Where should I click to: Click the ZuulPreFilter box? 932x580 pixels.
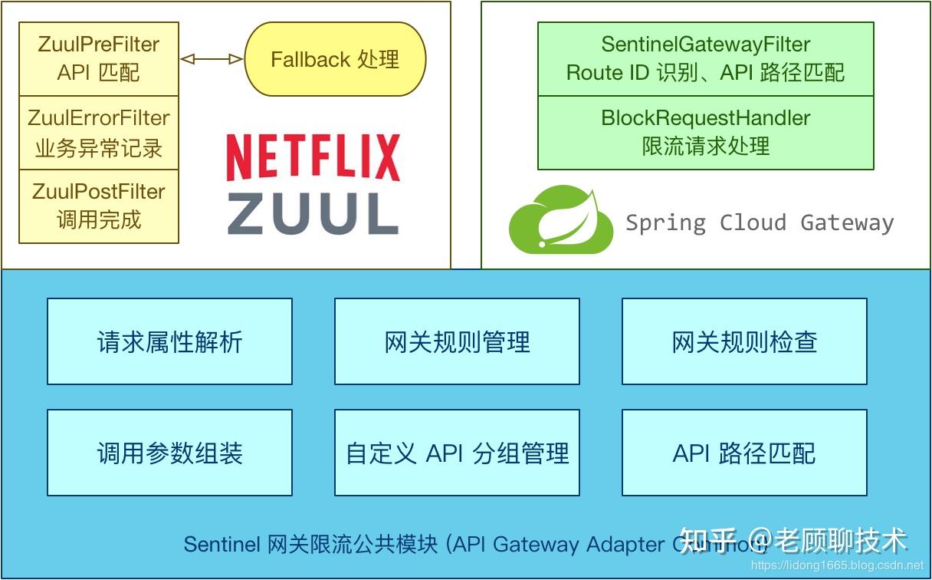98,59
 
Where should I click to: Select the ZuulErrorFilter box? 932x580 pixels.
98,133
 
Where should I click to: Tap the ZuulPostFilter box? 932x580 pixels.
98,206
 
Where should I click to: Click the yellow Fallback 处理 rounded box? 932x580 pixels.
335,59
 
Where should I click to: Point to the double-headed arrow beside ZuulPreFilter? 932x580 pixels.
211,59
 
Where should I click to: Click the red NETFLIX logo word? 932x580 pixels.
313,158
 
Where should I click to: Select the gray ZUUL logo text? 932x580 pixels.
313,213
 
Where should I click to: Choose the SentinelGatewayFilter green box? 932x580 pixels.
705,59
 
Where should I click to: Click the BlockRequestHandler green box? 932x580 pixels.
705,132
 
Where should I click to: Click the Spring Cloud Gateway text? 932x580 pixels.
760,222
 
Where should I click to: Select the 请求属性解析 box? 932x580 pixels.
169,341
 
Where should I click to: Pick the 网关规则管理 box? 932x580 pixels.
457,341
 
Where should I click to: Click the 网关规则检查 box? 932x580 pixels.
744,341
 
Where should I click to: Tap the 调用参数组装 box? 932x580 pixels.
169,453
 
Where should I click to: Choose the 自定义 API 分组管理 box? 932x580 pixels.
457,453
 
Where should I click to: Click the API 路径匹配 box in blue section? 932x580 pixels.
744,453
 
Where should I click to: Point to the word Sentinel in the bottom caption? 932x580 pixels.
222,544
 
